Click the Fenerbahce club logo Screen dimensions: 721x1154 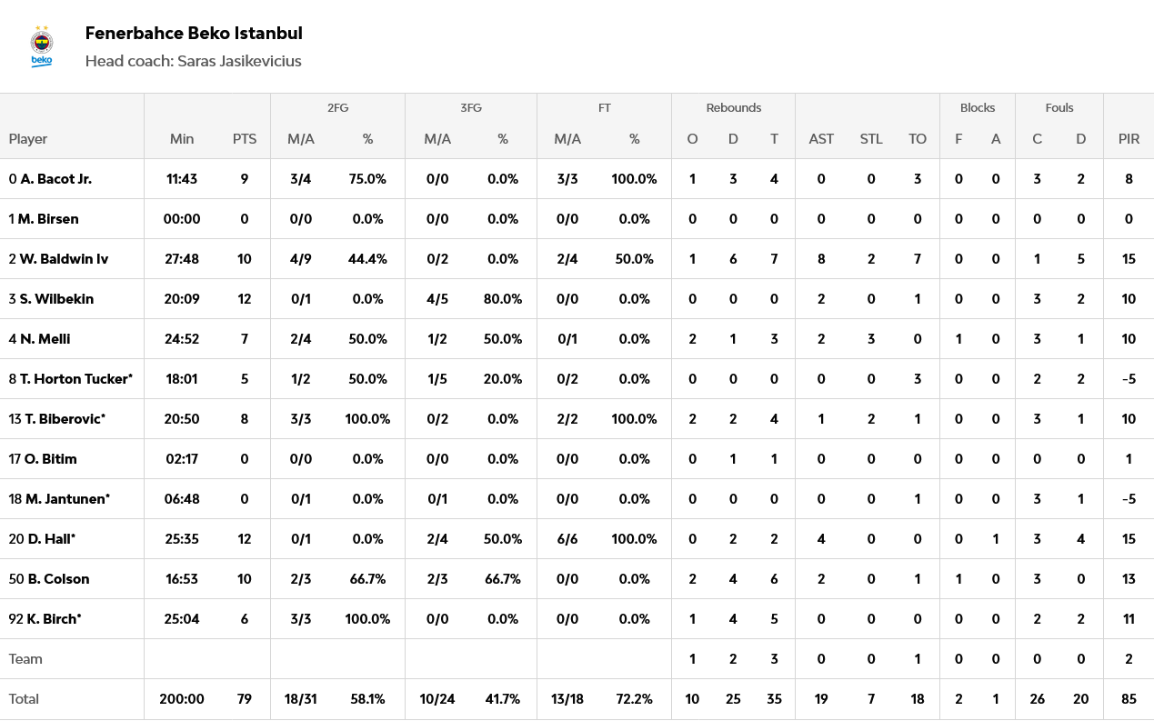click(x=42, y=45)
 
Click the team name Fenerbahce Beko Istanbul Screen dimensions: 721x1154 click(x=194, y=34)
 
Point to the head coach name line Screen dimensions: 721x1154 click(x=193, y=61)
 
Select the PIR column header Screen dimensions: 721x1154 click(x=1129, y=139)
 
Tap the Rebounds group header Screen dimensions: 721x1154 click(x=733, y=107)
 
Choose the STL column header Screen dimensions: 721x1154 click(x=871, y=139)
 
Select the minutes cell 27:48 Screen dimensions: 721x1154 click(x=182, y=259)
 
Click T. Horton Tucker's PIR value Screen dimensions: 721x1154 click(x=1129, y=379)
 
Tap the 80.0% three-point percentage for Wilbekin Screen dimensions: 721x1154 click(x=503, y=299)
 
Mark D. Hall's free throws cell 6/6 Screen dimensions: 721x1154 click(x=567, y=539)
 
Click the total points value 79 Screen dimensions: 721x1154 click(x=245, y=699)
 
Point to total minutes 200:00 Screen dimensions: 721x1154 click(x=182, y=699)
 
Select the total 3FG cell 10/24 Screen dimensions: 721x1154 click(x=437, y=699)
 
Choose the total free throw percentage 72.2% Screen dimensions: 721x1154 click(x=634, y=699)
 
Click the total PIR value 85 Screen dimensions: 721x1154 click(x=1129, y=699)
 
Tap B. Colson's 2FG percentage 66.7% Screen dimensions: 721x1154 click(x=367, y=579)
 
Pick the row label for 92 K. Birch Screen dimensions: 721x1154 click(x=45, y=619)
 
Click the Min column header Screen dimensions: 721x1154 click(x=182, y=139)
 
